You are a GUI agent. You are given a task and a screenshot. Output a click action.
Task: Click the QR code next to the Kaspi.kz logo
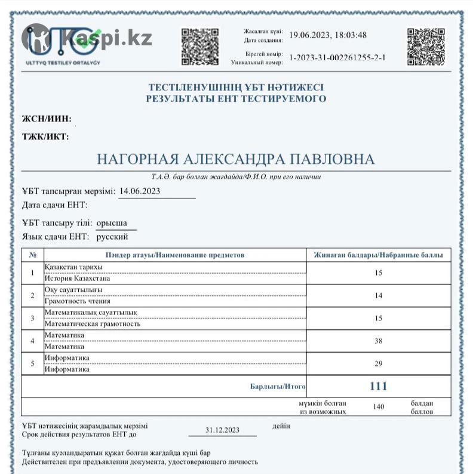pos(199,46)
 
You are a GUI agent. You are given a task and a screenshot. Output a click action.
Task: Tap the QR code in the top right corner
pos(426,46)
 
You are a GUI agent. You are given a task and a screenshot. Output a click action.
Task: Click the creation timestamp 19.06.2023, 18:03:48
pos(328,35)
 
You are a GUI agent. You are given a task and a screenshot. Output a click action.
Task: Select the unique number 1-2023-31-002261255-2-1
pos(337,57)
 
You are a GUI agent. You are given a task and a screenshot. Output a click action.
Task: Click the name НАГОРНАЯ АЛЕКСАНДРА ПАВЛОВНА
pos(236,160)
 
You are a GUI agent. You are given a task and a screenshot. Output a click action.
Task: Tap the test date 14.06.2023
pos(140,191)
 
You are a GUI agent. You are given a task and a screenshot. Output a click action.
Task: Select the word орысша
pos(112,224)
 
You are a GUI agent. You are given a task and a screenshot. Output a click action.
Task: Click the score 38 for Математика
pos(378,341)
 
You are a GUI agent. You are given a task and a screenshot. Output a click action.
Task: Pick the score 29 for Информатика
pos(378,363)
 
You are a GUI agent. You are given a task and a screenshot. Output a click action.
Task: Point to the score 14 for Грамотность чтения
pos(378,295)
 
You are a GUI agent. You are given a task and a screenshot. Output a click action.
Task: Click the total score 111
pos(378,386)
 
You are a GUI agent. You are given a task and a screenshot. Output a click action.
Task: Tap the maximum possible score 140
pos(378,407)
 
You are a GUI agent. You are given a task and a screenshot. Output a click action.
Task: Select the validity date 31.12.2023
pos(222,430)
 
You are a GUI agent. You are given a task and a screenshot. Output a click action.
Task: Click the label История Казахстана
pos(78,278)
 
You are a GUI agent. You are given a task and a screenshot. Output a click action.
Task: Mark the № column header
pos(32,255)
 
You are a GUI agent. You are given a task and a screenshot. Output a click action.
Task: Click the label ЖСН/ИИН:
pos(47,118)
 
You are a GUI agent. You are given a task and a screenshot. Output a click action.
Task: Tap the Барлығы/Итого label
pos(278,387)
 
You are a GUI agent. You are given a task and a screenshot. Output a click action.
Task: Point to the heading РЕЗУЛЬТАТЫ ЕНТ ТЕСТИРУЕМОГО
pos(236,99)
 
